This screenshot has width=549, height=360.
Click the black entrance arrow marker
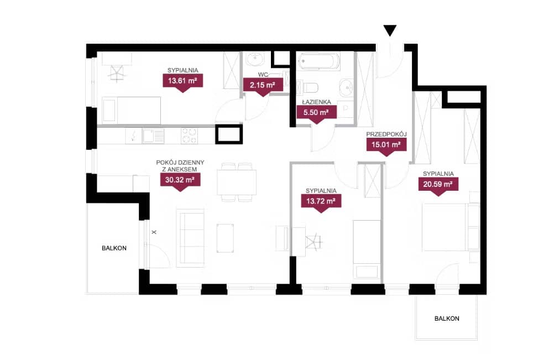pyautogui.click(x=390, y=30)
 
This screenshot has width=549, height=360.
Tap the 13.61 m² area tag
pyautogui.click(x=182, y=82)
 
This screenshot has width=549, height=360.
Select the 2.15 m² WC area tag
pyautogui.click(x=263, y=86)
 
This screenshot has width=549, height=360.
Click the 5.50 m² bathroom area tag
pyautogui.click(x=316, y=114)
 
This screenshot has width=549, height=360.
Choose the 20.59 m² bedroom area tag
pyautogui.click(x=438, y=186)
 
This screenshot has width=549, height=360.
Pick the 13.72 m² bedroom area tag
pyautogui.click(x=321, y=203)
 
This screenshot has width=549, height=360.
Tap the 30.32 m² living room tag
pyautogui.click(x=180, y=182)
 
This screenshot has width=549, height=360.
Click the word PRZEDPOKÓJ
pyautogui.click(x=386, y=134)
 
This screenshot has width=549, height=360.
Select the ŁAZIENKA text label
pyautogui.click(x=316, y=102)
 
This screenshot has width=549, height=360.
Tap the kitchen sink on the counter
pyautogui.click(x=153, y=135)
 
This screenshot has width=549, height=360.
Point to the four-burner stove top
pyautogui.click(x=189, y=136)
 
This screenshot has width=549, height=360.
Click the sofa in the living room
pyautogui.click(x=191, y=238)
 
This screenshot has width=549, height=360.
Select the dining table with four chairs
pyautogui.click(x=236, y=182)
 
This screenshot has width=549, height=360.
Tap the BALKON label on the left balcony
pyautogui.click(x=114, y=248)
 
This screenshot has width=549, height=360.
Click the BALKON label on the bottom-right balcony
pyautogui.click(x=447, y=319)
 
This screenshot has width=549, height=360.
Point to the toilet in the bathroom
pyautogui.click(x=307, y=87)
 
